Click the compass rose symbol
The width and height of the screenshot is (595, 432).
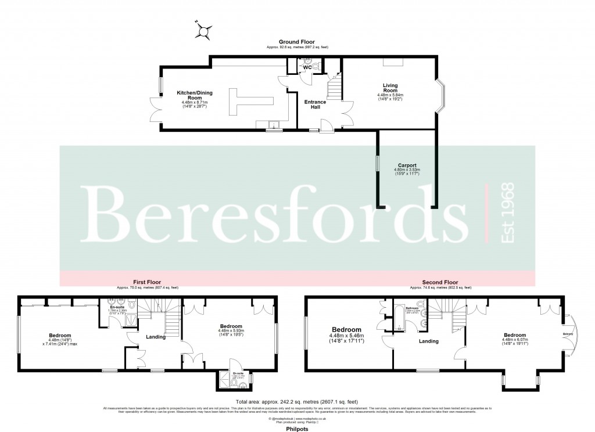point(204,30)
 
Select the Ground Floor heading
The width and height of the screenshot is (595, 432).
point(297,42)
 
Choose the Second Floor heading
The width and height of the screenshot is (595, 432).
point(440,283)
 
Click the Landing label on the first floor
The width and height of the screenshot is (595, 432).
point(156,337)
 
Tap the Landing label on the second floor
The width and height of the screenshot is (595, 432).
point(428,341)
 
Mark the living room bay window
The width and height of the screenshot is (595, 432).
point(442,96)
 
